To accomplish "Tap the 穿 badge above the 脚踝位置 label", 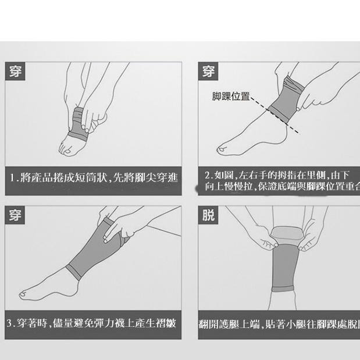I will (x=208, y=72).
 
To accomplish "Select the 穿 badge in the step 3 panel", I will (x=16, y=215).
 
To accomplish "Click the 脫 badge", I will (x=208, y=216).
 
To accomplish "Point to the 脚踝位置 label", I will (x=231, y=97).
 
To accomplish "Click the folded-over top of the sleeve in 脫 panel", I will (x=287, y=233).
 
